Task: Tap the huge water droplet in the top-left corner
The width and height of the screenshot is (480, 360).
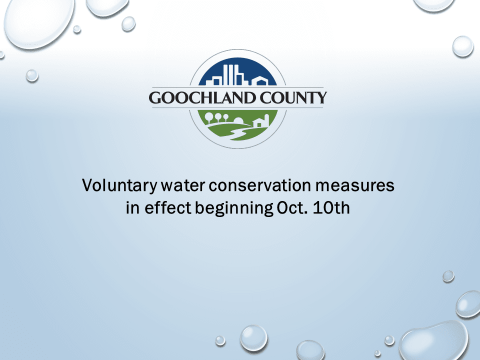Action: [x=35, y=20]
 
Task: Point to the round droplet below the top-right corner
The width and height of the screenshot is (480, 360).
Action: [x=462, y=46]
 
